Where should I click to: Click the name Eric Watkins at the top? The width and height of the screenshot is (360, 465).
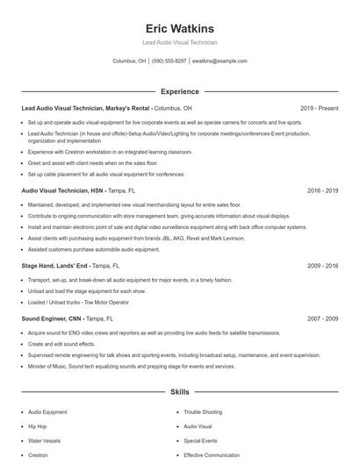[x=180, y=28]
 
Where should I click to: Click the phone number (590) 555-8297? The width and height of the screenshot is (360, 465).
[x=169, y=61]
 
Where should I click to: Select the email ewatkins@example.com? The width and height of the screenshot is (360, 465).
[x=220, y=61]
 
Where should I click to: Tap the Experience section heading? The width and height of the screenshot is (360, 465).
[x=180, y=91]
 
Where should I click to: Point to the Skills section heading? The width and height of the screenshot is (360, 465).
[x=180, y=391]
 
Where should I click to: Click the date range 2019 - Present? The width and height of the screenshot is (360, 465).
[x=319, y=108]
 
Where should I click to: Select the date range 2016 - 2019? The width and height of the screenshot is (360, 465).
[x=323, y=190]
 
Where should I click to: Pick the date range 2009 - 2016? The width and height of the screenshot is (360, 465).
[x=323, y=264]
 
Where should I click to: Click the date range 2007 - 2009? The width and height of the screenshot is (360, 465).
[x=323, y=318]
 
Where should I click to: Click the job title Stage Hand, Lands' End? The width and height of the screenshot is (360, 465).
[x=54, y=264]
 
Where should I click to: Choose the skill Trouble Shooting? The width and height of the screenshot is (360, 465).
[x=202, y=411]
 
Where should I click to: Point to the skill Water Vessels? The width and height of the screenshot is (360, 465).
[x=44, y=440]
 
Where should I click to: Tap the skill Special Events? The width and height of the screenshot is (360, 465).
[x=200, y=440]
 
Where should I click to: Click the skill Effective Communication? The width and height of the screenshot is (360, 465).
[x=212, y=455]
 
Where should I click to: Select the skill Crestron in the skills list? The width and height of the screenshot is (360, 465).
[x=39, y=455]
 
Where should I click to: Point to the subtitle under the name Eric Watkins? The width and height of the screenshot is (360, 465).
[x=180, y=42]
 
